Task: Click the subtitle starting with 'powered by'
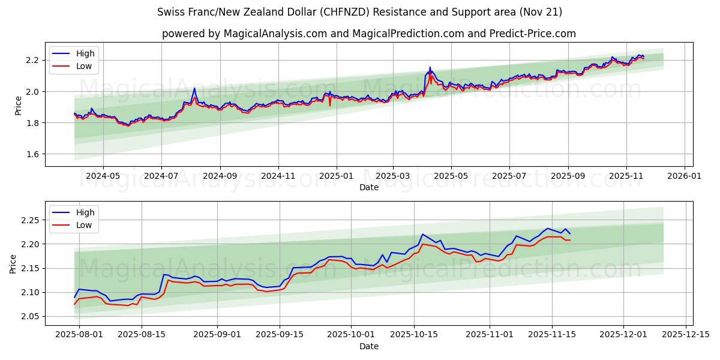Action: pyautogui.click(x=368, y=34)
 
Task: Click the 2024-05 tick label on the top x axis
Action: pyautogui.click(x=103, y=176)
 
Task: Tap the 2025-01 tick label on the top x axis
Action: pyautogui.click(x=336, y=176)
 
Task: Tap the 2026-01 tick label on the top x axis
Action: pyautogui.click(x=685, y=176)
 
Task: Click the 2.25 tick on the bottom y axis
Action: pyautogui.click(x=29, y=220)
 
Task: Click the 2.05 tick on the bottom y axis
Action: pyautogui.click(x=29, y=316)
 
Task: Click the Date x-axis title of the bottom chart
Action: pyautogui.click(x=368, y=346)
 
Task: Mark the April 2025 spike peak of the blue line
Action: pyautogui.click(x=430, y=67)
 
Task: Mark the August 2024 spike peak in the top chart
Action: pyautogui.click(x=194, y=88)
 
